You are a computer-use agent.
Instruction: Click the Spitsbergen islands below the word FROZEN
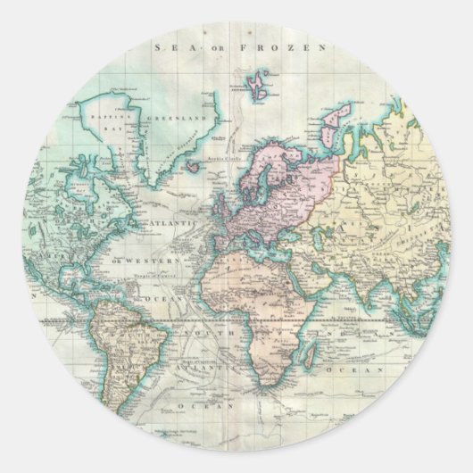[x=258, y=86]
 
